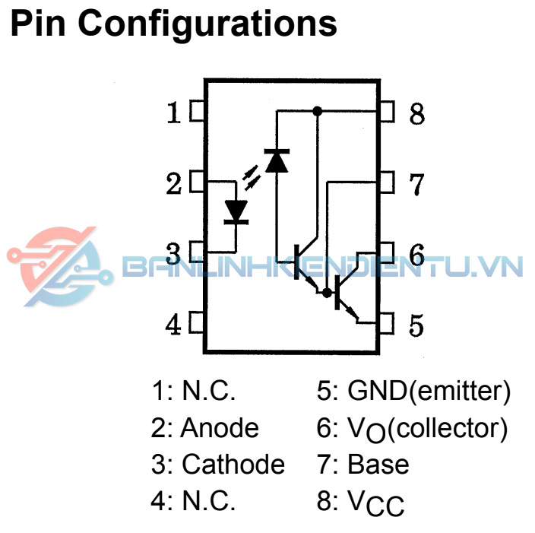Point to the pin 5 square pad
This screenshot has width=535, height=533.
pos(387,325)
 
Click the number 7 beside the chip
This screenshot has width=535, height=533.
pos(416,183)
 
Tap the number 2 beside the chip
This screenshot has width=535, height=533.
pos(174,184)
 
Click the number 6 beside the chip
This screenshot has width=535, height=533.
pos(416,255)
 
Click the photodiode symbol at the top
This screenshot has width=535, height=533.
pos(277,160)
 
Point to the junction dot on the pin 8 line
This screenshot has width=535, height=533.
pos(318,111)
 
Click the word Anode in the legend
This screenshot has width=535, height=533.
pos(220,428)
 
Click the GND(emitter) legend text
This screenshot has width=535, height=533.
pos(429,392)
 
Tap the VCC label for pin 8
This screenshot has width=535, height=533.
pos(376,503)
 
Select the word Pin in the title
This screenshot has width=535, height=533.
pos(39,24)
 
